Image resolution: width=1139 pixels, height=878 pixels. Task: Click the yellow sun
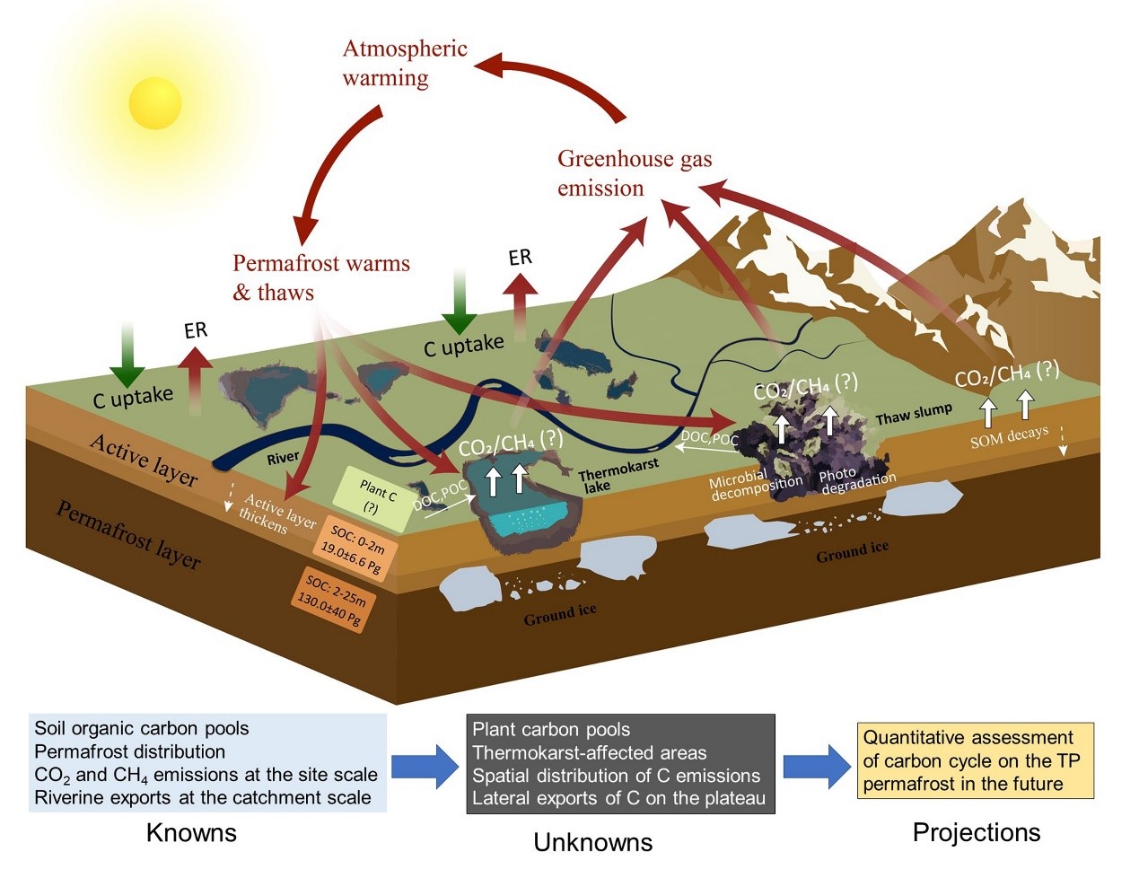154,103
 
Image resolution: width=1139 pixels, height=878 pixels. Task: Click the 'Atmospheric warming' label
404,63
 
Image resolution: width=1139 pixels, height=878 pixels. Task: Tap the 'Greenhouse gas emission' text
634,173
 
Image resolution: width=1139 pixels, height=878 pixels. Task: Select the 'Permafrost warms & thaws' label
320,277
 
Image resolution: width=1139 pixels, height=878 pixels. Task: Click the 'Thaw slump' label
914,414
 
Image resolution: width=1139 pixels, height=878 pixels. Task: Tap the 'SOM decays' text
1009,437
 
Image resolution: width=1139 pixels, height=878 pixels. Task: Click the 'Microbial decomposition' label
755,485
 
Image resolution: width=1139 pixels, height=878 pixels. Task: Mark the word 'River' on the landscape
283,458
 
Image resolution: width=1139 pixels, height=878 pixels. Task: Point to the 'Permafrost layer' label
128,535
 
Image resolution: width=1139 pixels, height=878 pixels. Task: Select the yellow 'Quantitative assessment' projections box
975,760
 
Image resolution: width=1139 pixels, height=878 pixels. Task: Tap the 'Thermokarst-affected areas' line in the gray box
590,752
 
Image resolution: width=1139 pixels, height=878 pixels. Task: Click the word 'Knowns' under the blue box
191,832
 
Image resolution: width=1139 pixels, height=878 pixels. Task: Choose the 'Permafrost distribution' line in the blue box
130,751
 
